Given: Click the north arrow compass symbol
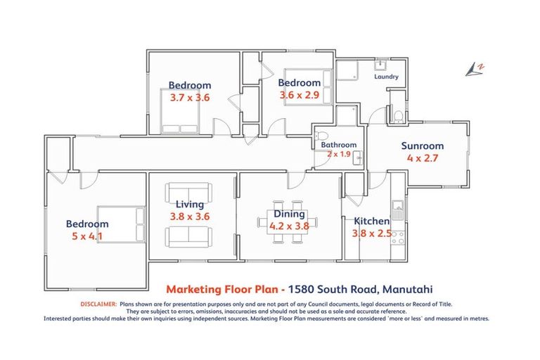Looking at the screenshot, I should tap(475, 68).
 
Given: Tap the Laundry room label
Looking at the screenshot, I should tap(387, 77).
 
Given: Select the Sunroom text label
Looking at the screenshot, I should tap(422, 146).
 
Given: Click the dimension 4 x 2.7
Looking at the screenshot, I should tap(422, 158).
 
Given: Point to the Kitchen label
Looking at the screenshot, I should tap(371, 221).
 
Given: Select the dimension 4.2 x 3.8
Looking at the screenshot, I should tap(289, 226).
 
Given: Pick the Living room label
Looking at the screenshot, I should tap(190, 205).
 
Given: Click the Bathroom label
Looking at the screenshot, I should tap(339, 145).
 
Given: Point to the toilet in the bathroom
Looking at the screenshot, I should tap(321, 136).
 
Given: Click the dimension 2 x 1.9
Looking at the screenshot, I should tap(339, 153).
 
